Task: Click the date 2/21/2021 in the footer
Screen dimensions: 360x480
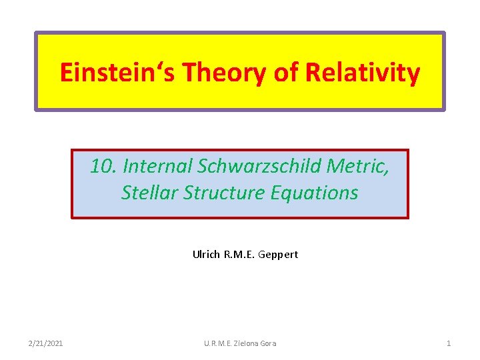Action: pyautogui.click(x=47, y=343)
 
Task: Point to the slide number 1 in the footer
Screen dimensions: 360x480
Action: pyautogui.click(x=449, y=343)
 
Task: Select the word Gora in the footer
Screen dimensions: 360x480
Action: pyautogui.click(x=267, y=343)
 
